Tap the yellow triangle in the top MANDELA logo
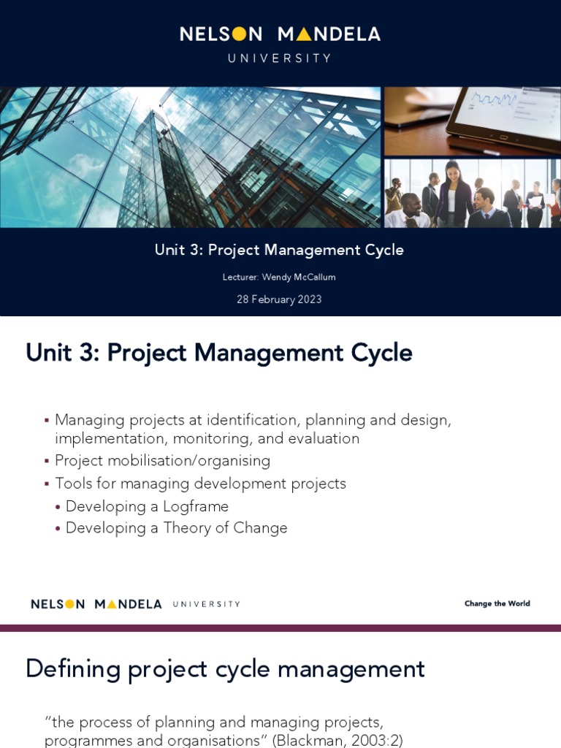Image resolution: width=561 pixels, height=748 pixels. (x=305, y=34)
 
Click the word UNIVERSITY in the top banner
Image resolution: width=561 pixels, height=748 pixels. (x=280, y=58)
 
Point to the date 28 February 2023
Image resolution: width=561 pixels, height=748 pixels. (x=279, y=299)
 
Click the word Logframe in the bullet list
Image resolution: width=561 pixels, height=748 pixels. (x=196, y=506)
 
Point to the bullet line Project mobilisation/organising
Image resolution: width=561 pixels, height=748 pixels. (x=162, y=461)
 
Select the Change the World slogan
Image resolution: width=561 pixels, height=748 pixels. (x=497, y=603)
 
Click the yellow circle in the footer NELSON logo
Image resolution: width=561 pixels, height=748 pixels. (x=70, y=604)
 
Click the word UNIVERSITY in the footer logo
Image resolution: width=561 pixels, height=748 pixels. (x=206, y=604)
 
